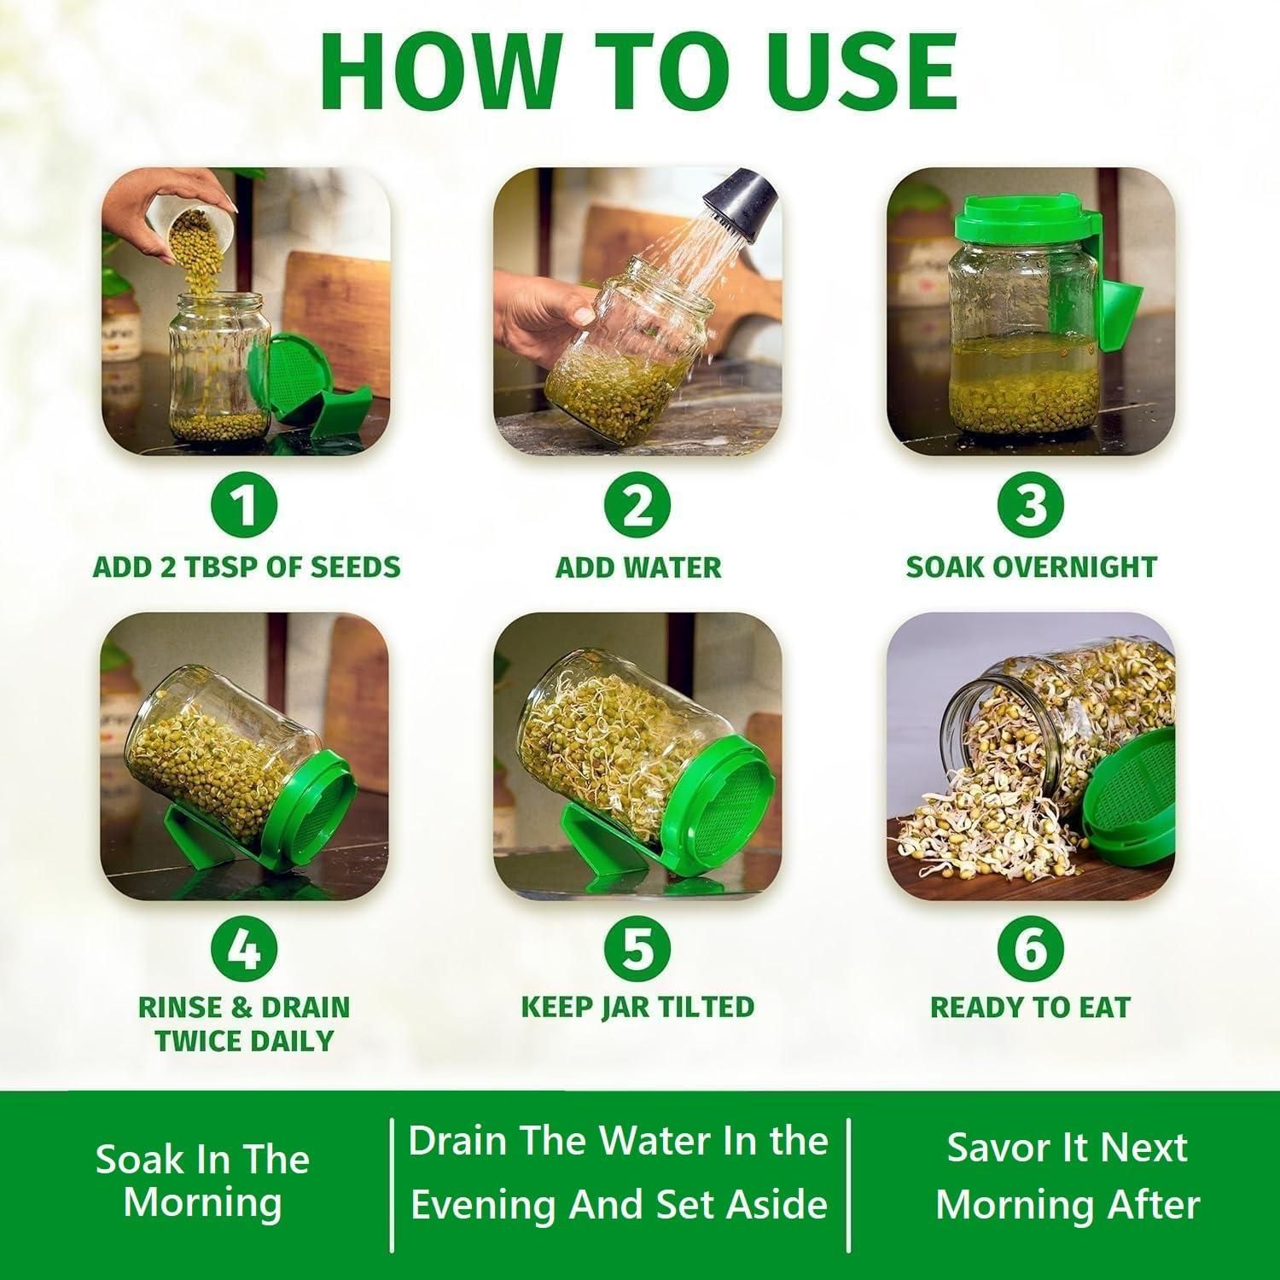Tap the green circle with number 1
pyautogui.click(x=246, y=507)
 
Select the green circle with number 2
pyautogui.click(x=638, y=507)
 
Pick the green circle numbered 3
pyautogui.click(x=1031, y=507)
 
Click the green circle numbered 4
pyautogui.click(x=246, y=949)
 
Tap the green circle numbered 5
pyautogui.click(x=638, y=949)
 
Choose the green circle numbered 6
pyautogui.click(x=1031, y=949)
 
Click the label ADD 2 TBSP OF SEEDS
pyautogui.click(x=246, y=567)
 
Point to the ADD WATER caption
pyautogui.click(x=638, y=567)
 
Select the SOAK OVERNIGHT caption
pyautogui.click(x=1031, y=567)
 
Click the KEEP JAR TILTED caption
pyautogui.click(x=638, y=1007)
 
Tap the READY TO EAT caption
pyautogui.click(x=1031, y=1007)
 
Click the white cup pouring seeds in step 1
pyautogui.click(x=183, y=224)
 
